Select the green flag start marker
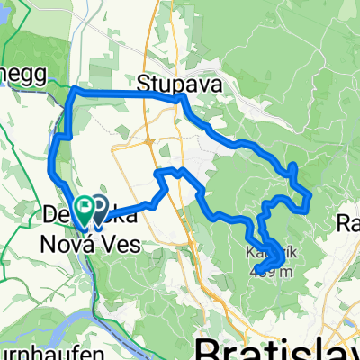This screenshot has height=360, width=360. pos(85,211)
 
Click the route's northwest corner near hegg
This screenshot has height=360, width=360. pos(73,92)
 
